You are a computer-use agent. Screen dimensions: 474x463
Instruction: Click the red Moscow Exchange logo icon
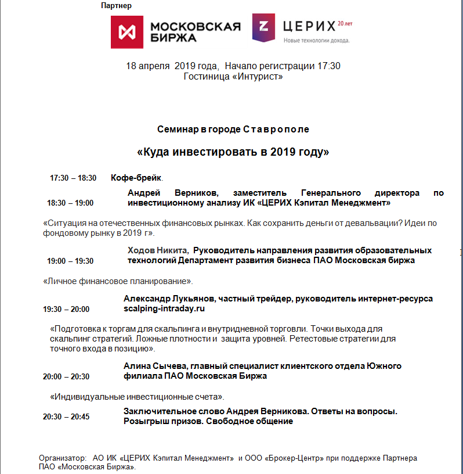(x=127, y=31)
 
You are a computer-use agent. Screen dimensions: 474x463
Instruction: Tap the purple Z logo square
(x=263, y=27)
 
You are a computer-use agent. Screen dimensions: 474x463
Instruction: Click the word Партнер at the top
(x=116, y=6)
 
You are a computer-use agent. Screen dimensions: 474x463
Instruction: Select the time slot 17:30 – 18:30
(x=73, y=178)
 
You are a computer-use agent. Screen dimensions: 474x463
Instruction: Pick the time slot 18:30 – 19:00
(x=70, y=203)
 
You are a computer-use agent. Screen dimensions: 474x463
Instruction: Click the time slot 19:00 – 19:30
(x=70, y=261)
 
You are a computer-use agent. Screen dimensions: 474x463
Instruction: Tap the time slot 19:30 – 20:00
(x=66, y=309)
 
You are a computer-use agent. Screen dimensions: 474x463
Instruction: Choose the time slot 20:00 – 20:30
(x=66, y=376)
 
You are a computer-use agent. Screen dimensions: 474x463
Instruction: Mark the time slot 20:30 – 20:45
(x=66, y=416)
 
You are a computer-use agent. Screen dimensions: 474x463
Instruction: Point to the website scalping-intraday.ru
(x=165, y=309)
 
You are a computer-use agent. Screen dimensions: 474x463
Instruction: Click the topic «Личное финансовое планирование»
(x=118, y=281)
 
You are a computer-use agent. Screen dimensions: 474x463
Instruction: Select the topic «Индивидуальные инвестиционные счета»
(x=137, y=397)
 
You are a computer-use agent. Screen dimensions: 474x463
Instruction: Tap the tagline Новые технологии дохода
(x=317, y=41)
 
